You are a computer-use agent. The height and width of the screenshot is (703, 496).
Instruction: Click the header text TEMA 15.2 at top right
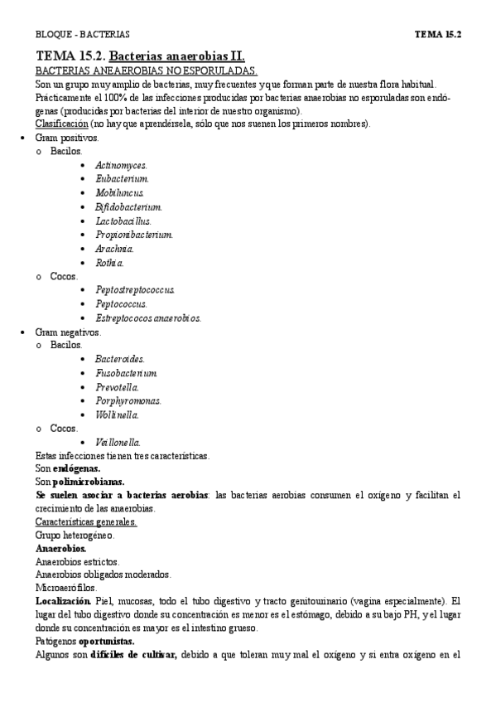point(437,34)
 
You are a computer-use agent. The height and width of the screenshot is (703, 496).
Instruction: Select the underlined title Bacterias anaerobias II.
point(178,56)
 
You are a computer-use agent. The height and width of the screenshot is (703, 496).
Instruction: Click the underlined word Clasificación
point(61,124)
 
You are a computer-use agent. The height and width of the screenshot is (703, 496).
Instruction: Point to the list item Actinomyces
point(121,165)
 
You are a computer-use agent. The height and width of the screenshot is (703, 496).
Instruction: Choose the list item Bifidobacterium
point(128,206)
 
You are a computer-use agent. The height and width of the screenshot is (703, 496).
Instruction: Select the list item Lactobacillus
point(123,221)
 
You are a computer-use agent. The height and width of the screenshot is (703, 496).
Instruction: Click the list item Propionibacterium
point(133,235)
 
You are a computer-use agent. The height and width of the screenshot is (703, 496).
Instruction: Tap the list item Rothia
point(109,263)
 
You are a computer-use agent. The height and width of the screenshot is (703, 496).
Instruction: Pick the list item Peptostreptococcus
point(135,290)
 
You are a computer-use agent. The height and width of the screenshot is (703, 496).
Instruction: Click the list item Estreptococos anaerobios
point(148,318)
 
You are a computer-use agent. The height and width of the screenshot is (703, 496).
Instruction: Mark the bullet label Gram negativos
point(68,332)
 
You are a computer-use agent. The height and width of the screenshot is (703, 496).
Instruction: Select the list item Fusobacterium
point(126,373)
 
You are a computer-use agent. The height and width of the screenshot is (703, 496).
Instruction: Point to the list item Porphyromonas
point(128,400)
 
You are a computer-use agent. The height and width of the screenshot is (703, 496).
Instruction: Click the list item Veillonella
point(118,442)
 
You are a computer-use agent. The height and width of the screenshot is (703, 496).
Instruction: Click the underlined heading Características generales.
point(86,521)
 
